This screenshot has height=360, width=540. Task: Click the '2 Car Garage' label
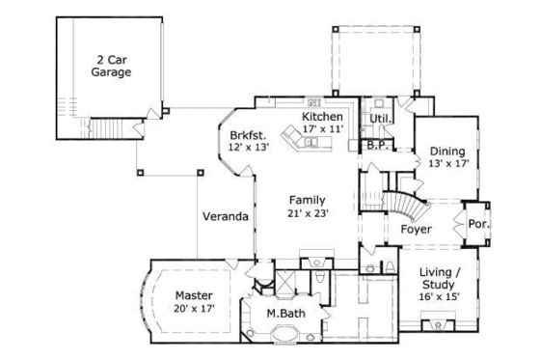111,66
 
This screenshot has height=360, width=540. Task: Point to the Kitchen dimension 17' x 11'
322,128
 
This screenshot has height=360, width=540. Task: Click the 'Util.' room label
378,119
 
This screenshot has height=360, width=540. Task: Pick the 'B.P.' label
377,146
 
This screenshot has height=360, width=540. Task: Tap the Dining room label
446,152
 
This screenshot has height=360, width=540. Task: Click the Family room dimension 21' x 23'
307,213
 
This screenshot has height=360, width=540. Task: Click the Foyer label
416,229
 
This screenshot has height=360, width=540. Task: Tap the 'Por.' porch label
478,223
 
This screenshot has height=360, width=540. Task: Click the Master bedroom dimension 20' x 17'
193,308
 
